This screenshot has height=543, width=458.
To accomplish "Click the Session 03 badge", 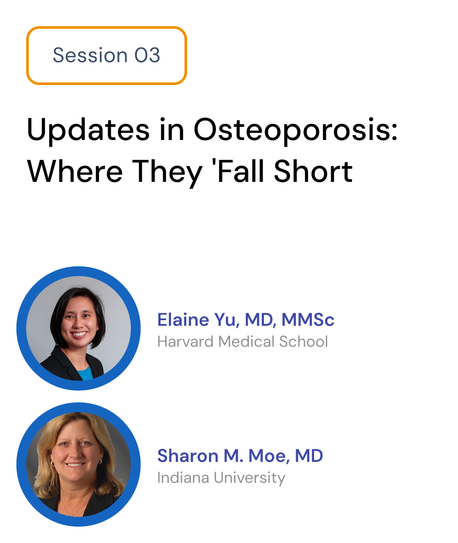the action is [x=106, y=55].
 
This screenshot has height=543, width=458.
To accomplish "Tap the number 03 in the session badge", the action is [x=147, y=55].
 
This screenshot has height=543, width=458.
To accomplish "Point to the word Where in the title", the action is [x=75, y=172].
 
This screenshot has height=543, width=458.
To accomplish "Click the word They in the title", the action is [x=167, y=174].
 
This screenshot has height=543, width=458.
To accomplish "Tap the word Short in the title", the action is [x=313, y=171].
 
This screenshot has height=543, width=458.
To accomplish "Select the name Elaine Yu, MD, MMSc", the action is [x=246, y=319].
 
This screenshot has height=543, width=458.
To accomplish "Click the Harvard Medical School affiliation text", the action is [x=243, y=341].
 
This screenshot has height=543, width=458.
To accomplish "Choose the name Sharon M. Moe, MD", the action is [x=240, y=456].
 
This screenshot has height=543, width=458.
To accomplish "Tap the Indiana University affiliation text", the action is [x=221, y=478].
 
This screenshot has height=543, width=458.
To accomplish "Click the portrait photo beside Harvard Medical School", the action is [x=79, y=328].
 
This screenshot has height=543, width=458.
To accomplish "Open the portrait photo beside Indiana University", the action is [x=79, y=464].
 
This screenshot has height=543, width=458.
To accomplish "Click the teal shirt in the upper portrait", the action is [x=85, y=372].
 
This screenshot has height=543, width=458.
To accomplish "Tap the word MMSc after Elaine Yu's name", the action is [x=308, y=319].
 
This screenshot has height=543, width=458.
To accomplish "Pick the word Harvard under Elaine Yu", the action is [x=185, y=341].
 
